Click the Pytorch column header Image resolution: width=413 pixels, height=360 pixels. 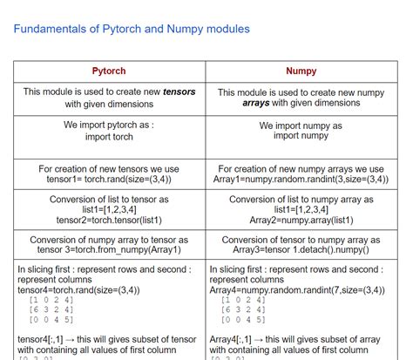tap(108, 71)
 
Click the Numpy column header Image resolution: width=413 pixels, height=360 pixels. tap(301, 71)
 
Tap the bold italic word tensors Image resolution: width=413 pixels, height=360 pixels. tap(178, 92)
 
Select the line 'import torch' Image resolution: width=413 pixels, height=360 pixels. tap(108, 137)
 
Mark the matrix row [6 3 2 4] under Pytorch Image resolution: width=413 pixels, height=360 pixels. tap(50, 309)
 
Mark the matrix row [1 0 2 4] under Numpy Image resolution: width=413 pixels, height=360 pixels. tap(238, 300)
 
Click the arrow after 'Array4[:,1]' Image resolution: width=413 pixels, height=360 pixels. tap(264, 337)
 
